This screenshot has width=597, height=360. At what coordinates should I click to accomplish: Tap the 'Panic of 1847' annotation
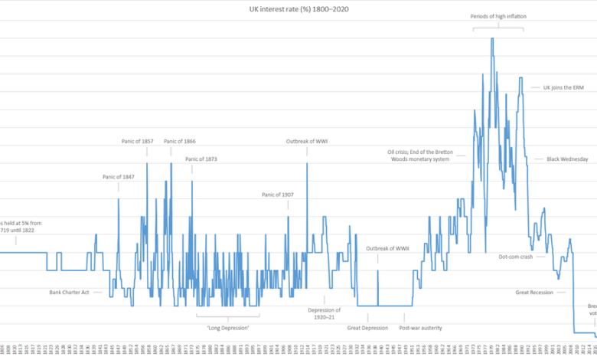[118, 177]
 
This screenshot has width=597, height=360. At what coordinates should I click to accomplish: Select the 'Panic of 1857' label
[138, 141]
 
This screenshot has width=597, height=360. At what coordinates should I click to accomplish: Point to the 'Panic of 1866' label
[180, 141]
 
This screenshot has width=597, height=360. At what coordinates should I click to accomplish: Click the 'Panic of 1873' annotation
[201, 159]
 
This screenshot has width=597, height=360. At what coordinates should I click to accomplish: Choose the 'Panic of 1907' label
[278, 195]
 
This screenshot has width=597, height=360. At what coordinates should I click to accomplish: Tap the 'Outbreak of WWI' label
[308, 141]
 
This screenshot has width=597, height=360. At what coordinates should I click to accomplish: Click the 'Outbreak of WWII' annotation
[388, 248]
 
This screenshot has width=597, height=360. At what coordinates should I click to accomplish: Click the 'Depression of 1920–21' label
[325, 314]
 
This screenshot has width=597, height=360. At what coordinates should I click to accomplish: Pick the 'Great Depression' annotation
[368, 328]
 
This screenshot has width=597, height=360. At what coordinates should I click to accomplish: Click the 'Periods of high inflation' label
[498, 16]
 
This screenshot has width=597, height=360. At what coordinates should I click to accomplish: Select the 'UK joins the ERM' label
[563, 87]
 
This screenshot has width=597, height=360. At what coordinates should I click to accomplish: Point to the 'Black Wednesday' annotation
[567, 159]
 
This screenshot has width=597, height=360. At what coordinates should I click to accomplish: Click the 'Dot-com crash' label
[515, 257]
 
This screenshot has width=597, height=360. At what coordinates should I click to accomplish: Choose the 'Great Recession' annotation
[534, 292]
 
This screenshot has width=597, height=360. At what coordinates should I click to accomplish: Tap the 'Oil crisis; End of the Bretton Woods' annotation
[422, 155]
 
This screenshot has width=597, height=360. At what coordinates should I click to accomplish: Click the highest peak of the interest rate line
[492, 38]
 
